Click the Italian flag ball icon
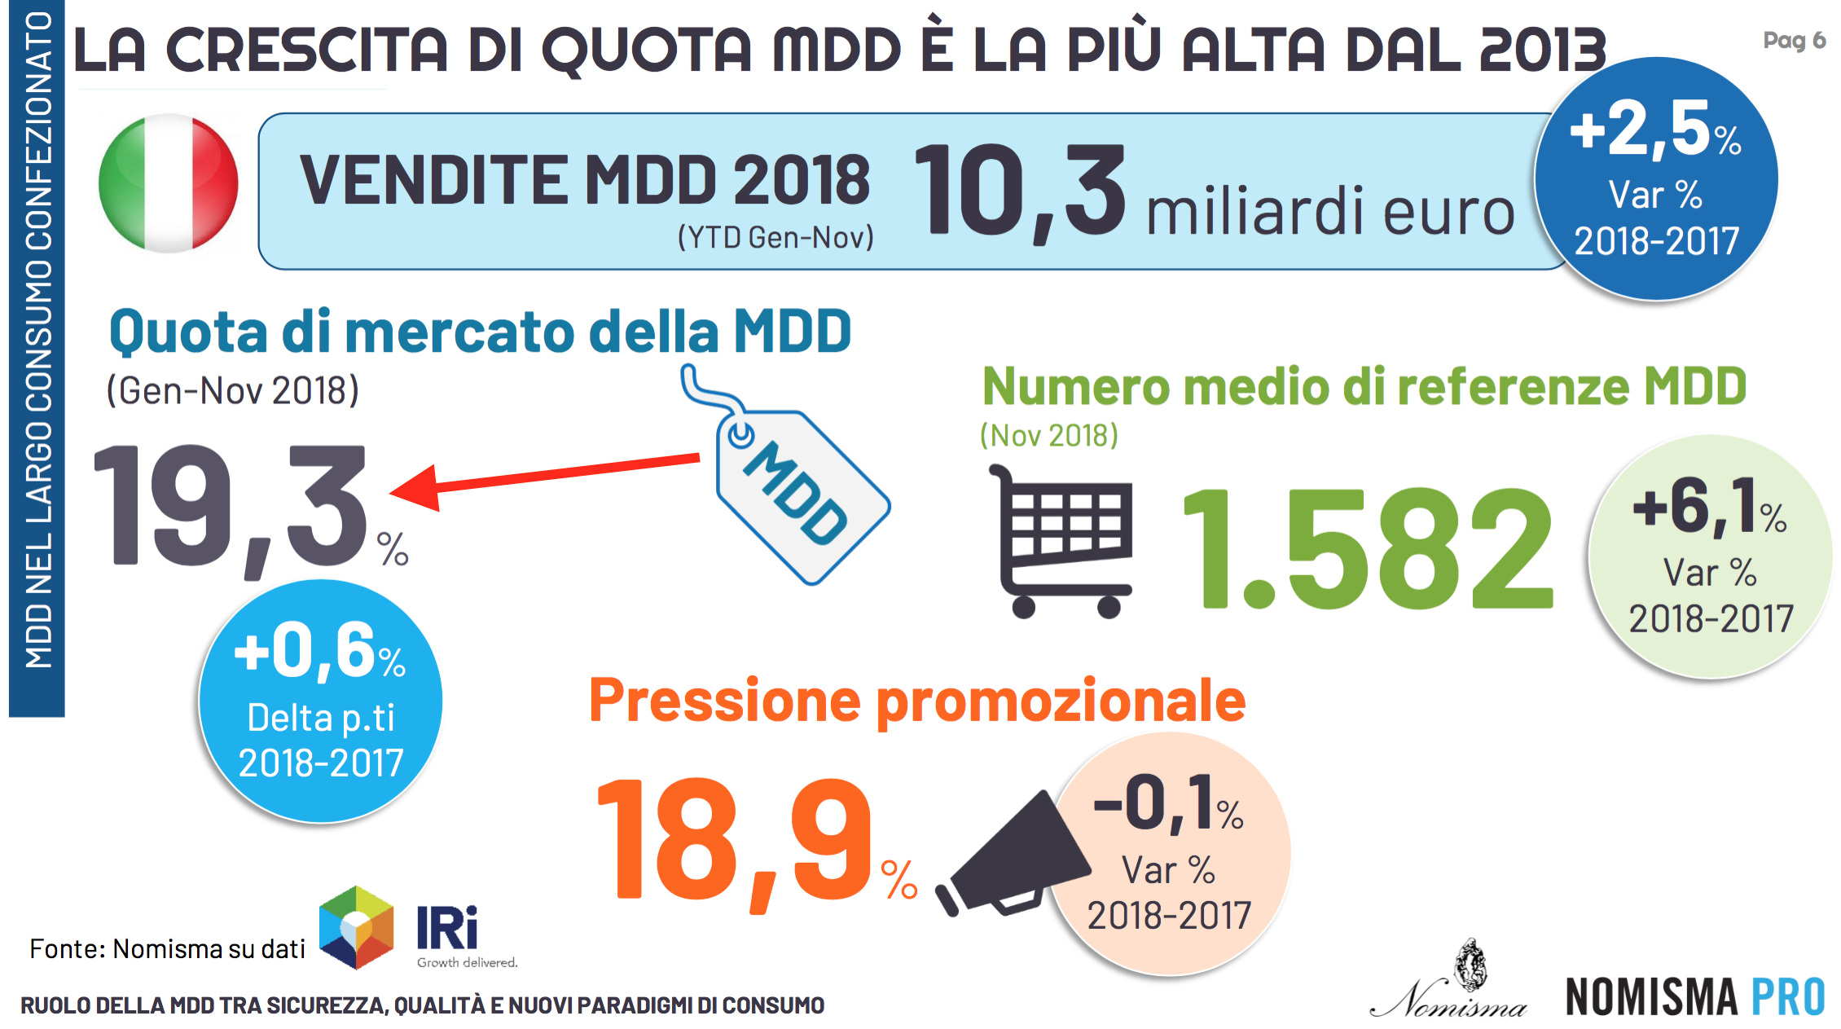pos(168,182)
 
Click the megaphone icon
pos(1014,855)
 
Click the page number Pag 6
pos(1793,40)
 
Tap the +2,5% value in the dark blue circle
pos(1654,130)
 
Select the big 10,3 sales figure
pos(1018,191)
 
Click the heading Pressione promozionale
pos(916,701)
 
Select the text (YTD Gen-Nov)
pos(776,237)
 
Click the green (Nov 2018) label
pos(1048,436)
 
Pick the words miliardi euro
pos(1329,212)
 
